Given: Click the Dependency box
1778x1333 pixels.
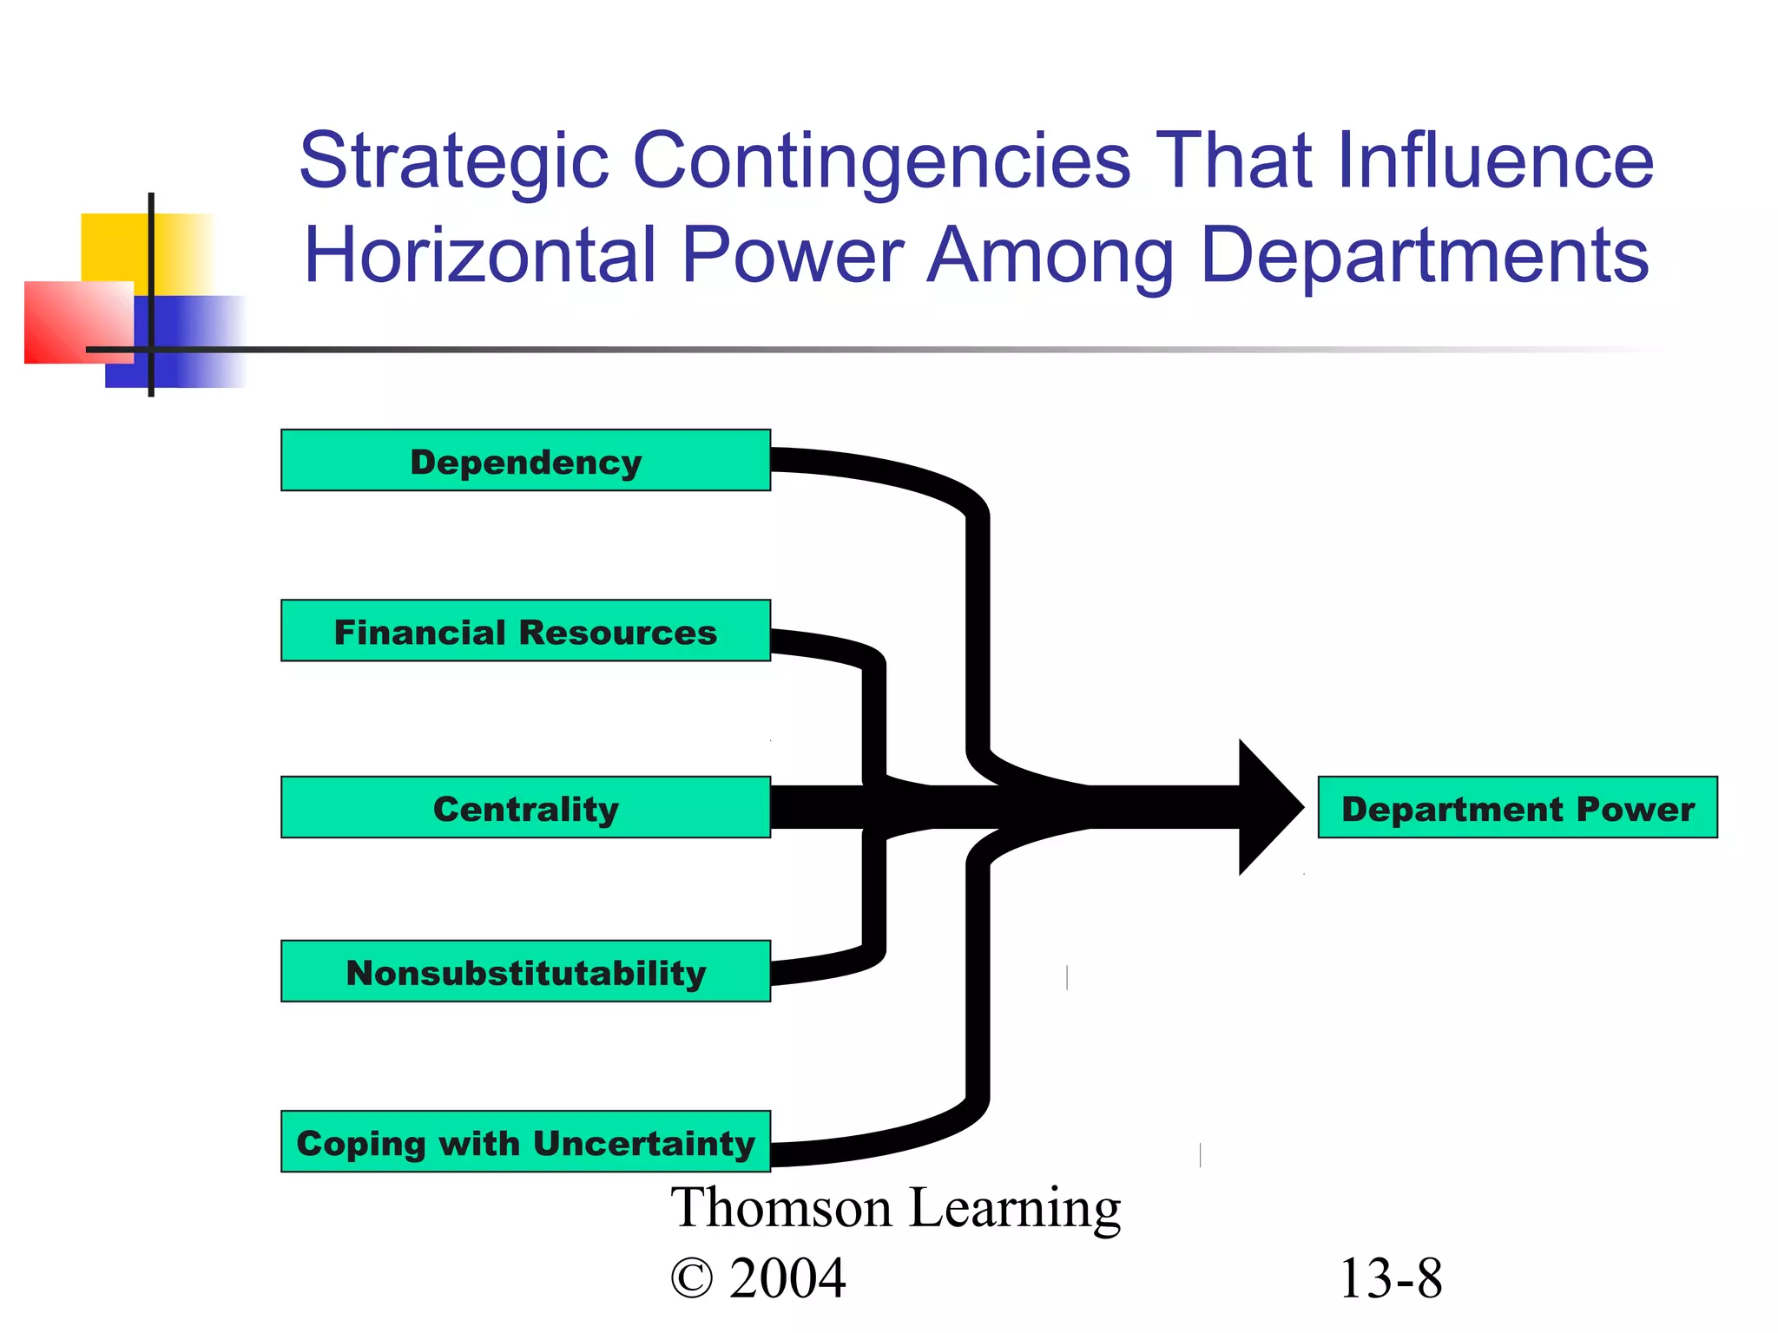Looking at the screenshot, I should point(525,461).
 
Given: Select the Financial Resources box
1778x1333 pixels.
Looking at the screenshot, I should point(525,631).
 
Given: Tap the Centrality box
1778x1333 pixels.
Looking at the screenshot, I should point(525,807).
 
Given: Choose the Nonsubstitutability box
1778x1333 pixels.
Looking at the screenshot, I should point(525,971).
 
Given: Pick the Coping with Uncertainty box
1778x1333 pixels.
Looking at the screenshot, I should point(525,1141).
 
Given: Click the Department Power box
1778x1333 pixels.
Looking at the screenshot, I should point(1517,807).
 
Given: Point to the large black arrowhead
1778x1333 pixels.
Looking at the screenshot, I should point(1268,807).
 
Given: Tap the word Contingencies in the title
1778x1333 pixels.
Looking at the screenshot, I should point(881,163).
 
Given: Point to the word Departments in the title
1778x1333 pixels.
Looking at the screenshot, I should point(1425,257).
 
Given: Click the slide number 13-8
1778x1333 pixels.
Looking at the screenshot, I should point(1391,1278).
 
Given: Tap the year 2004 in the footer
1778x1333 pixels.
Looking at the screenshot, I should point(787,1278).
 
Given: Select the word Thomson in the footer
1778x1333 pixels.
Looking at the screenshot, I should point(781,1208).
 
